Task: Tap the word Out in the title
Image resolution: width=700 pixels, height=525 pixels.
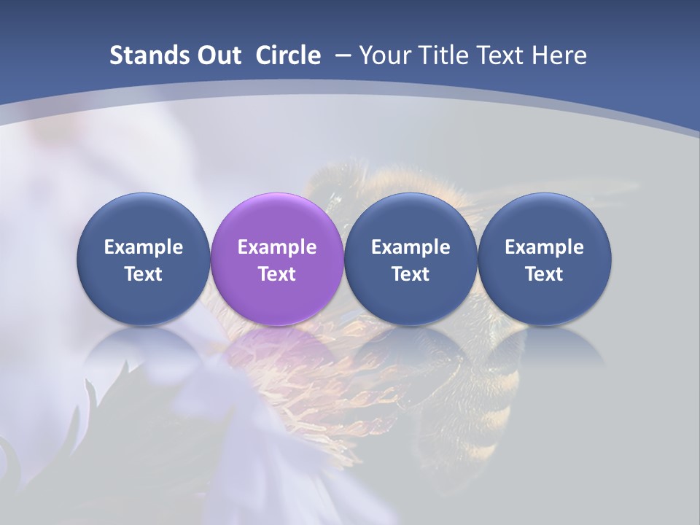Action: pyautogui.click(x=216, y=55)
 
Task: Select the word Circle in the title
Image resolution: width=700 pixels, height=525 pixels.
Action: pyautogui.click(x=287, y=55)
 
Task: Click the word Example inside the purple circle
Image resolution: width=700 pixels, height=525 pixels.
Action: pyautogui.click(x=277, y=247)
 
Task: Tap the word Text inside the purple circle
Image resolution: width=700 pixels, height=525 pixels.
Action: pyautogui.click(x=277, y=274)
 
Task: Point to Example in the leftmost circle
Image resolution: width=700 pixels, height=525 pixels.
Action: pyautogui.click(x=143, y=247)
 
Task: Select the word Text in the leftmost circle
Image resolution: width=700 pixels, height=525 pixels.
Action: pyautogui.click(x=143, y=274)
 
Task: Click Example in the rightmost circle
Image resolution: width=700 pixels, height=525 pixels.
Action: pyautogui.click(x=545, y=247)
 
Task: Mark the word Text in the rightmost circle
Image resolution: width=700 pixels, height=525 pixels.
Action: pyautogui.click(x=545, y=274)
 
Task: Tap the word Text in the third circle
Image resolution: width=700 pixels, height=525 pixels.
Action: pyautogui.click(x=411, y=274)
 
